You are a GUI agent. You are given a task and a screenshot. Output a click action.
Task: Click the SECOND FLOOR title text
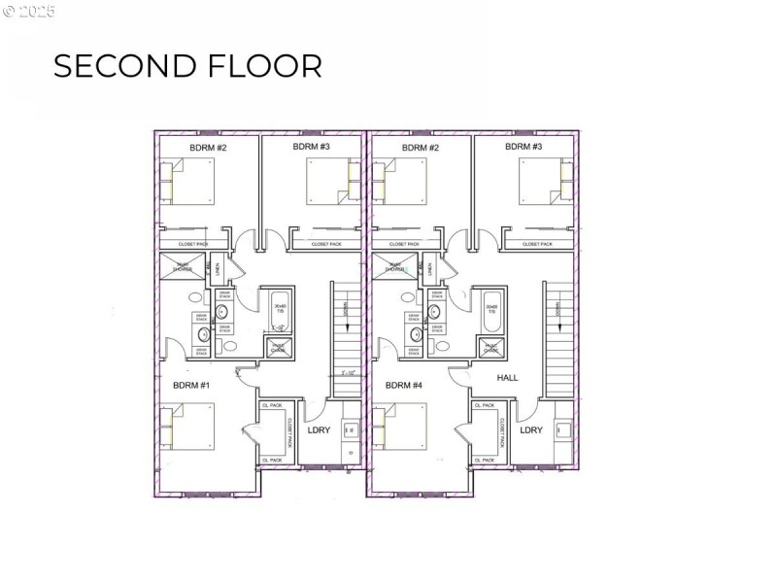[186, 65]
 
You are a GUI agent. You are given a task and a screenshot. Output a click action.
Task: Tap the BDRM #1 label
[191, 386]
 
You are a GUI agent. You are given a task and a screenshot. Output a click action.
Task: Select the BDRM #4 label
[403, 386]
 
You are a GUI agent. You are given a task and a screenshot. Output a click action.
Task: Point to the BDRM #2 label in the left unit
[208, 148]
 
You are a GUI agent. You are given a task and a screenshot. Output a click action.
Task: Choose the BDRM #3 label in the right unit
[524, 147]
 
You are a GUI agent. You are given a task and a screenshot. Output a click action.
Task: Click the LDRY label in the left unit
[318, 429]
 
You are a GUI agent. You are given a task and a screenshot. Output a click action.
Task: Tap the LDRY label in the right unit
[530, 429]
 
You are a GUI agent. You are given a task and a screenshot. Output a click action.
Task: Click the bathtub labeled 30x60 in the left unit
[279, 311]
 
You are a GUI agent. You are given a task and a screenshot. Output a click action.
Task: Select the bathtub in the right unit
[491, 311]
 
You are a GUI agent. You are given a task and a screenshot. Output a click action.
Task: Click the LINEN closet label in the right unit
[429, 268]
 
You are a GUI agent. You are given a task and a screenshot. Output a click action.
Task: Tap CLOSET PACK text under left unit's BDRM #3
[325, 244]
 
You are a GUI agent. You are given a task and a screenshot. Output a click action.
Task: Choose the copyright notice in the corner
[29, 12]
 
